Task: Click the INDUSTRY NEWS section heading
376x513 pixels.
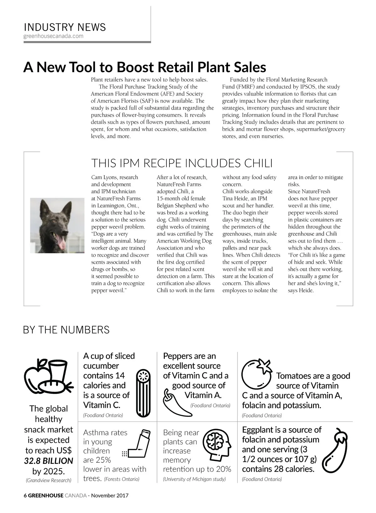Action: coord(65,27)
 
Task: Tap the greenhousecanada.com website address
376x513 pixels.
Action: coord(54,36)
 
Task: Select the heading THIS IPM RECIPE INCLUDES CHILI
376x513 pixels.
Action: coord(182,163)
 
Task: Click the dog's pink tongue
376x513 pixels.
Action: coord(62,242)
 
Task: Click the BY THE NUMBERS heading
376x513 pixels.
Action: coord(66,330)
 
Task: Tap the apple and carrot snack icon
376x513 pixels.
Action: coord(49,377)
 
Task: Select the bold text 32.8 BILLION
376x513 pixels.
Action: coord(49,461)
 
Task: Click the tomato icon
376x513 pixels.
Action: coord(256,375)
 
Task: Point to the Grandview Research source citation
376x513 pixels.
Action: coord(49,480)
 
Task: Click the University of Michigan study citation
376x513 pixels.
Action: coord(194,479)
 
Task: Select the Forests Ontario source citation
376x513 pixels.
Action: coord(122,479)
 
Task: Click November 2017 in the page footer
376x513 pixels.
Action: coord(110,496)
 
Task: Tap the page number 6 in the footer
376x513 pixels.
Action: coord(25,496)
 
